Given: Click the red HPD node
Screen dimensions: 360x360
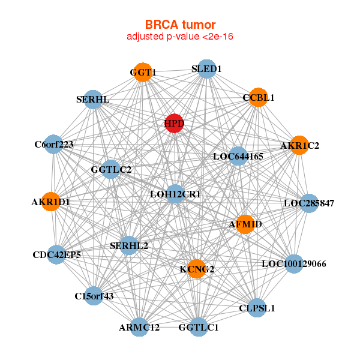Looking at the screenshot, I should (174, 123).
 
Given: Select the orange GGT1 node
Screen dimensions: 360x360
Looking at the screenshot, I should (143, 72).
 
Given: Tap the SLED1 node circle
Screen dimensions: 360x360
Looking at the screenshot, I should (206, 69).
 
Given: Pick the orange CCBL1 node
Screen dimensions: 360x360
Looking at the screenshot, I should (258, 97).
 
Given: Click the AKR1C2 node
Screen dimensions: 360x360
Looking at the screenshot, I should (299, 145).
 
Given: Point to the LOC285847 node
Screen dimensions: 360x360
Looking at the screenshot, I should (308, 203).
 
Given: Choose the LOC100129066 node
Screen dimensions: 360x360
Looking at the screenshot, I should (293, 263).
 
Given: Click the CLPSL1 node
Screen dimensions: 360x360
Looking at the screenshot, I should (257, 308).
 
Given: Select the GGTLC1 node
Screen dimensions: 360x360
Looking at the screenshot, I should (199, 328).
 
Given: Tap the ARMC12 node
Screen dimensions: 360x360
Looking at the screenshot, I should (139, 327).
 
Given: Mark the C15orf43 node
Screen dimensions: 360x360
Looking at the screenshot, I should (94, 295).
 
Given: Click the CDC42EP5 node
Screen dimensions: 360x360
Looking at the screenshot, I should (57, 255).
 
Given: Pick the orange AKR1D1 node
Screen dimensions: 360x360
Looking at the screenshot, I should (51, 202).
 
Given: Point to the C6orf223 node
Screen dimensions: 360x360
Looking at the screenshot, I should (54, 144).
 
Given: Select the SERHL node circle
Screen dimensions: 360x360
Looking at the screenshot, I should (93, 99).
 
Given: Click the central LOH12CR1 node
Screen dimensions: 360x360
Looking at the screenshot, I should (175, 194).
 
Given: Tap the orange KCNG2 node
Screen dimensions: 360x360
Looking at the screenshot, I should (197, 269).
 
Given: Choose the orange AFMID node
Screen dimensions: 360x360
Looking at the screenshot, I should (245, 224).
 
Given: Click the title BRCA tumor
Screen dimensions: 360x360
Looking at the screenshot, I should (180, 25).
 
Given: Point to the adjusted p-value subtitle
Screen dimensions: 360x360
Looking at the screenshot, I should (180, 37).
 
